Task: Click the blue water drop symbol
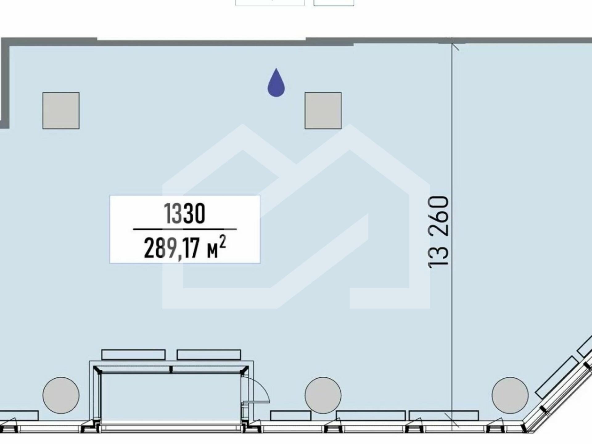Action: click(x=276, y=83)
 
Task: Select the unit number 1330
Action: click(x=184, y=213)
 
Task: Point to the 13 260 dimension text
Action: click(x=438, y=232)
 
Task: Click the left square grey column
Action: click(x=61, y=111)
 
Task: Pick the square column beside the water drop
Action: click(x=323, y=111)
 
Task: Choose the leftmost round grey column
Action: click(x=61, y=395)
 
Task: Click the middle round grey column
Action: click(x=323, y=395)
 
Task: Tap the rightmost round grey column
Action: click(x=510, y=395)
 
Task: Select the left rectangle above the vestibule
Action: click(x=133, y=355)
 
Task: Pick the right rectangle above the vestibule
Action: click(x=209, y=355)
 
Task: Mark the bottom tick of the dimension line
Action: click(x=452, y=421)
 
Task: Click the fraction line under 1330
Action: click(x=185, y=229)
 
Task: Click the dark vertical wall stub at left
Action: click(x=5, y=83)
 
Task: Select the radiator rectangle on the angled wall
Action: click(x=557, y=377)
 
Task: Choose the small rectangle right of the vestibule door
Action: click(x=290, y=415)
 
